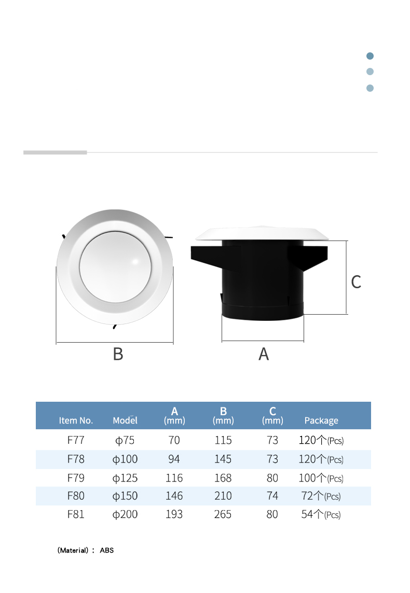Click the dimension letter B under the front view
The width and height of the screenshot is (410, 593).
coord(118,354)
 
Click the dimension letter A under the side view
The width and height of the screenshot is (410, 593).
coord(264,354)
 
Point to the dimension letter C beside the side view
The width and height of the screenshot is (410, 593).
coord(356,282)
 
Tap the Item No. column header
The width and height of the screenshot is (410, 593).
coord(76,420)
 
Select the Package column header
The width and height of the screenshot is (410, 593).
coord(321,420)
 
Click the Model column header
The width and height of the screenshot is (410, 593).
coord(125,420)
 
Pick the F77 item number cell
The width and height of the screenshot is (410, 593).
coord(76,440)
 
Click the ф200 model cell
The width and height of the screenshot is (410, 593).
coord(125,514)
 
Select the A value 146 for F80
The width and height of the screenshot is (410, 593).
coord(174,496)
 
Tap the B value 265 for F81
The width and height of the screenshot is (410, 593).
coord(223,514)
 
